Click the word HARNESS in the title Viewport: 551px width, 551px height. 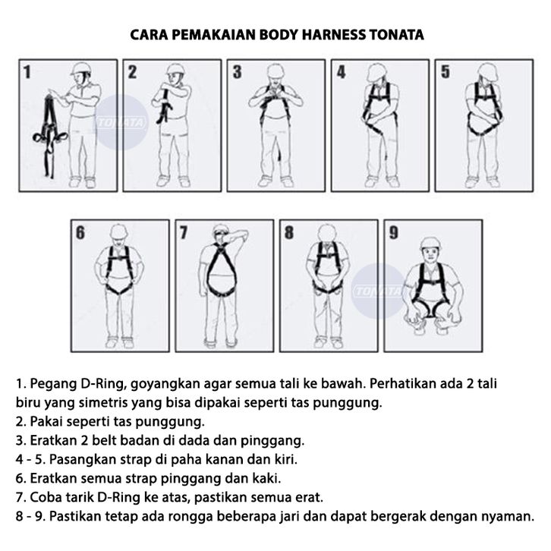(x=333, y=35)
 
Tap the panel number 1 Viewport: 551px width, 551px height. (x=27, y=72)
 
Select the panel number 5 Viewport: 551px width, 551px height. (x=446, y=71)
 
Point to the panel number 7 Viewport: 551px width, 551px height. (x=184, y=233)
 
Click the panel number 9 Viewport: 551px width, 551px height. (x=394, y=233)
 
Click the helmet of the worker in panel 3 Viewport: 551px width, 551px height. (x=275, y=71)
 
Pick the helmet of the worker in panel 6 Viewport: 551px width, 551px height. (x=119, y=231)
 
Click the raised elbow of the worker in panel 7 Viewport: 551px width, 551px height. (x=244, y=234)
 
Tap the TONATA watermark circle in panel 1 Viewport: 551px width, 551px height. (x=121, y=122)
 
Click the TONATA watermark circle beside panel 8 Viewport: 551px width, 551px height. (x=378, y=291)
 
